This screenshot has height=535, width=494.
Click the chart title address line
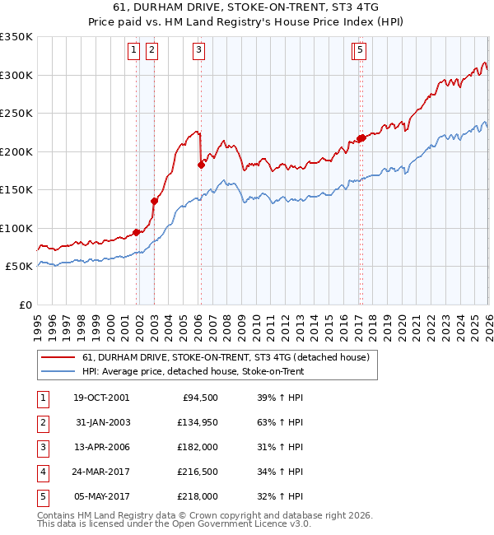[247, 7]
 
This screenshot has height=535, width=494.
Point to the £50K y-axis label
[20, 267]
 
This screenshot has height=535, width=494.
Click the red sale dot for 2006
[201, 165]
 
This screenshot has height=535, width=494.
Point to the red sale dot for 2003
[154, 201]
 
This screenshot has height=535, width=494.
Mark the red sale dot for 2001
[136, 232]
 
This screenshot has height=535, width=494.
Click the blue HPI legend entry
[193, 371]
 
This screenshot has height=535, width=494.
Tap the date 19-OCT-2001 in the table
[100, 398]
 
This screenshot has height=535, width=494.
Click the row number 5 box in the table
[42, 496]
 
